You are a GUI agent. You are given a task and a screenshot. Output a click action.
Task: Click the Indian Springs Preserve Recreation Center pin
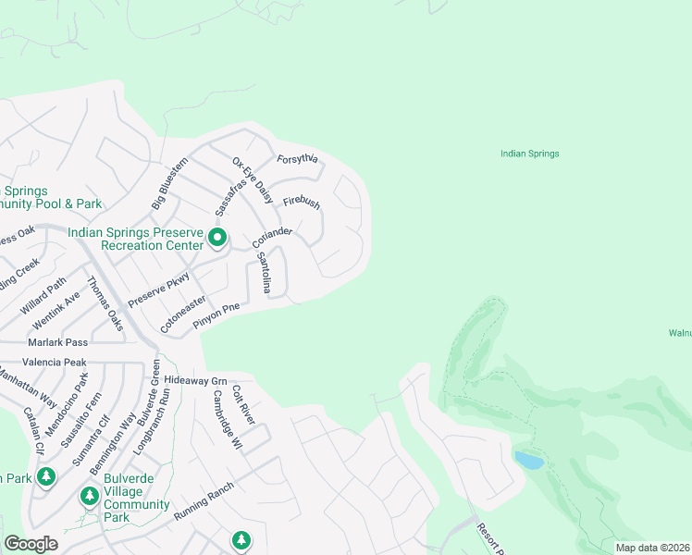coord(217,239)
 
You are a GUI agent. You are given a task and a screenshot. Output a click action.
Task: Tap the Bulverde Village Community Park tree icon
coord(90,496)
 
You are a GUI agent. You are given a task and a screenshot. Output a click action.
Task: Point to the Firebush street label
coord(302,201)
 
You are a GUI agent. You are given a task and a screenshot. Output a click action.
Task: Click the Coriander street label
coord(272,238)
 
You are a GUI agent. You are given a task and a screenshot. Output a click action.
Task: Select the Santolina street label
coord(264,273)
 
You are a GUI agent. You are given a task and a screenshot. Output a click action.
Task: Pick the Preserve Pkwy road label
coord(158,290)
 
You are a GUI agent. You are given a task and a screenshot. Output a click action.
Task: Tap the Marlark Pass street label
coord(57,342)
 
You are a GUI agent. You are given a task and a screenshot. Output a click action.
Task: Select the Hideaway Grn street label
coord(195,380)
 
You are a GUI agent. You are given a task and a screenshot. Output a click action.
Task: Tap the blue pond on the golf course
coord(528,460)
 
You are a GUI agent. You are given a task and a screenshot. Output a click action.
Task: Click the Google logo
coord(31,544)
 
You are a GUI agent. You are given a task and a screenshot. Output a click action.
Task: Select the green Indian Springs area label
coord(529,154)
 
